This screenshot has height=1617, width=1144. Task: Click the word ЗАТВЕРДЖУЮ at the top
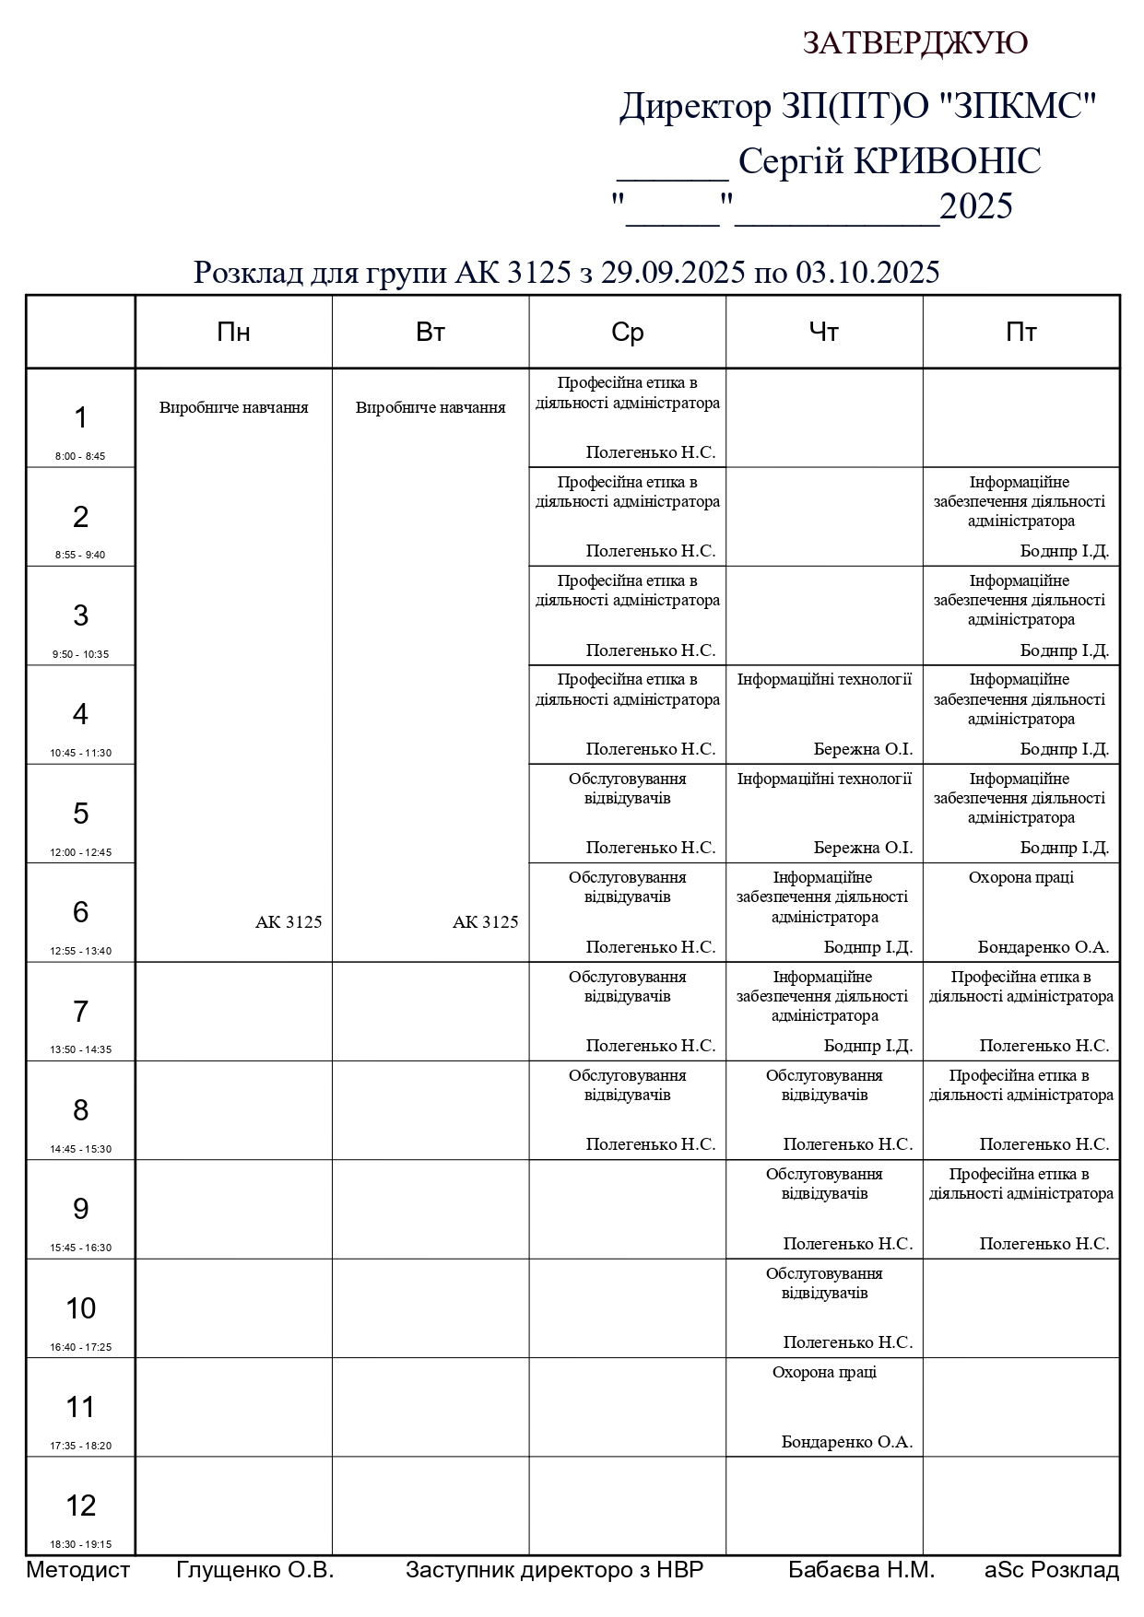tap(914, 43)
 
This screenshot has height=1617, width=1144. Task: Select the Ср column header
tap(627, 333)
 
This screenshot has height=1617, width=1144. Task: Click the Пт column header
tap(1020, 333)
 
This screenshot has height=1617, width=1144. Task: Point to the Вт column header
tap(430, 333)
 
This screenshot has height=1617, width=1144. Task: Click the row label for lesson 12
tap(80, 1505)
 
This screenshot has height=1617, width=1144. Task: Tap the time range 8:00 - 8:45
tap(80, 456)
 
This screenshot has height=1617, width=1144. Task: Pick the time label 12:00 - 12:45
tap(80, 852)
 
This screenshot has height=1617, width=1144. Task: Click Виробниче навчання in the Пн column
tap(233, 407)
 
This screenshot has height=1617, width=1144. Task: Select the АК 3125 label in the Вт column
tap(485, 922)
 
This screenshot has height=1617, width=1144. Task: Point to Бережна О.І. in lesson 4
tap(863, 749)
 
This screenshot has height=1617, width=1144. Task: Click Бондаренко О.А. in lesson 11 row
tap(846, 1442)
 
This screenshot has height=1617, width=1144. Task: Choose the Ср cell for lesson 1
tap(627, 418)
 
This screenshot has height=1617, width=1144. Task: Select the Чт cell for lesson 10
tap(824, 1307)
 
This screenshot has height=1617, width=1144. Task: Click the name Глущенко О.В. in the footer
tap(254, 1570)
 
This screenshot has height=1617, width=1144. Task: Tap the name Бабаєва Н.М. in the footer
tap(861, 1570)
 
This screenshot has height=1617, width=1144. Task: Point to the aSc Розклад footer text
tap(1052, 1570)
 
